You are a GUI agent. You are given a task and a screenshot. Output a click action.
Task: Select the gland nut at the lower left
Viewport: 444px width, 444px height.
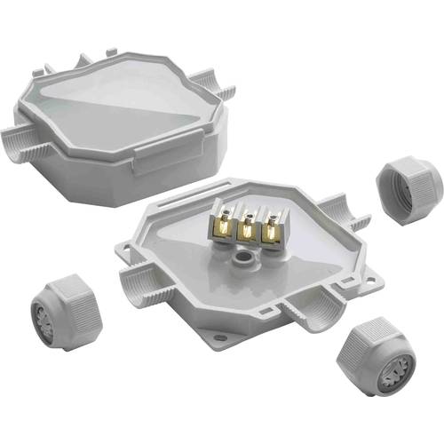(67, 310)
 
